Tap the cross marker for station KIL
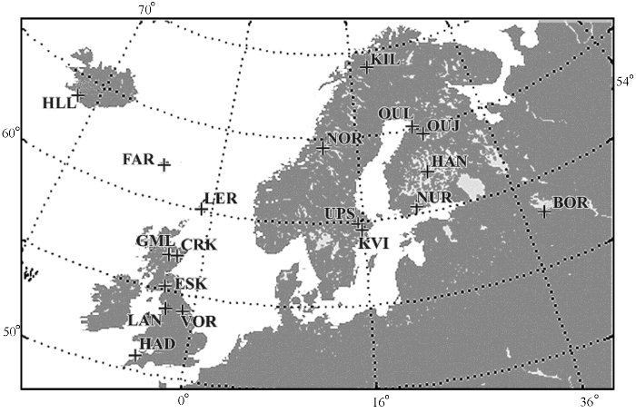point(367,66)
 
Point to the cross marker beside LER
point(201,209)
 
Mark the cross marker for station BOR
point(544,211)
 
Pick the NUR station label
point(432,198)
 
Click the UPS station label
point(340,213)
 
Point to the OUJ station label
point(443,124)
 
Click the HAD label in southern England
point(157,340)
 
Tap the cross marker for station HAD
point(135,355)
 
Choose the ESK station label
point(190,283)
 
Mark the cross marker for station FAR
point(164,164)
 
